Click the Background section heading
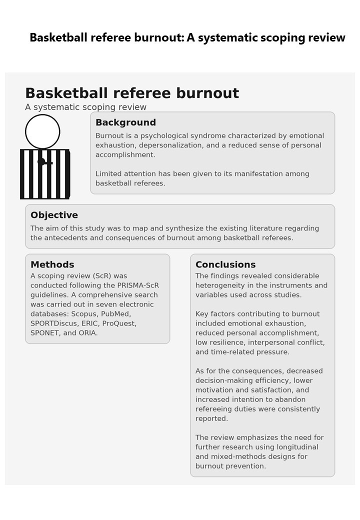pos(125,122)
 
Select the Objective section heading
pos(54,215)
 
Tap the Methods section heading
pos(52,264)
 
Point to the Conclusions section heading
pos(225,264)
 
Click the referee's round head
pos(42,131)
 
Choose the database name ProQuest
pos(119,323)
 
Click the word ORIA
pos(88,333)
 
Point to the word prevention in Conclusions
pos(248,466)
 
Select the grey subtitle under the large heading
pos(85,107)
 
